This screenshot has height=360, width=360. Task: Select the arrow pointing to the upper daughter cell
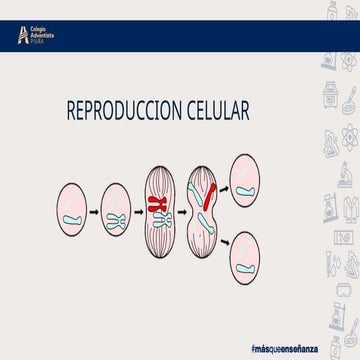click(x=224, y=186)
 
